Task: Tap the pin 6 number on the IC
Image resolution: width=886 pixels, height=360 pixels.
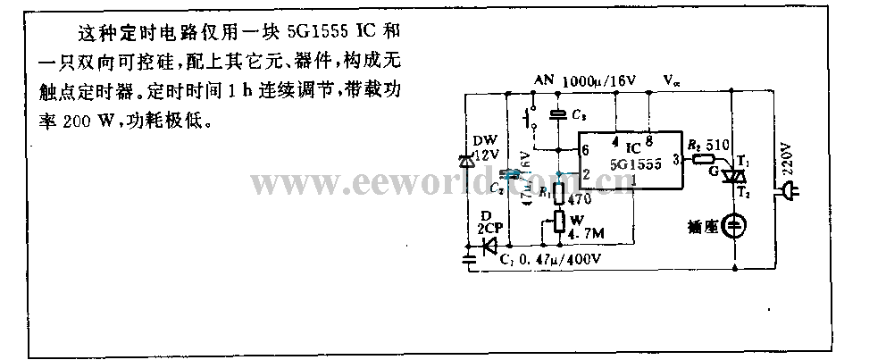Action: pyautogui.click(x=585, y=148)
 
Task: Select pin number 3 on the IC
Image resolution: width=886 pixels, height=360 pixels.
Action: pyautogui.click(x=674, y=159)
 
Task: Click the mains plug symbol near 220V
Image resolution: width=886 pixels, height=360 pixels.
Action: pyautogui.click(x=790, y=190)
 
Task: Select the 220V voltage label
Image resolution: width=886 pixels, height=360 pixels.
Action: pyautogui.click(x=787, y=156)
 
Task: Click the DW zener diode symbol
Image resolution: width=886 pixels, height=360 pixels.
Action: pyautogui.click(x=464, y=162)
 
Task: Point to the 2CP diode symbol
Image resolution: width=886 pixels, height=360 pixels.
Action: pyautogui.click(x=489, y=247)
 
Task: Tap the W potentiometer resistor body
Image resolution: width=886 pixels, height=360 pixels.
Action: pyautogui.click(x=558, y=221)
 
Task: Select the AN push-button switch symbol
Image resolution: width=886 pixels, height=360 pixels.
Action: pyautogui.click(x=531, y=117)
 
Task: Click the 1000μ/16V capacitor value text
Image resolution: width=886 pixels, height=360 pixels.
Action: pyautogui.click(x=598, y=80)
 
